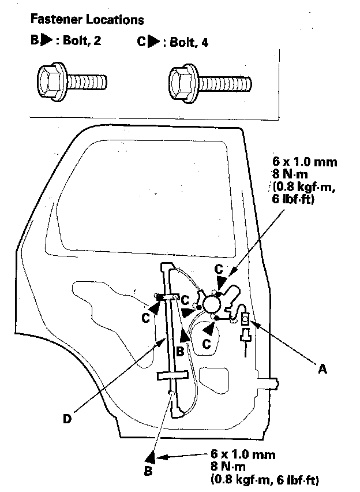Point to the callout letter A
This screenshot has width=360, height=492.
[323, 368]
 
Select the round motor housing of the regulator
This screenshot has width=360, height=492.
[212, 303]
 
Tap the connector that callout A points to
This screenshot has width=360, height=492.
[245, 319]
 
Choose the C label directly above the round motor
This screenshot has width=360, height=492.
[219, 269]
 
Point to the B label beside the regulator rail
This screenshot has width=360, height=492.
[180, 349]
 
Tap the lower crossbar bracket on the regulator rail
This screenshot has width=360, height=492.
[173, 376]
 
